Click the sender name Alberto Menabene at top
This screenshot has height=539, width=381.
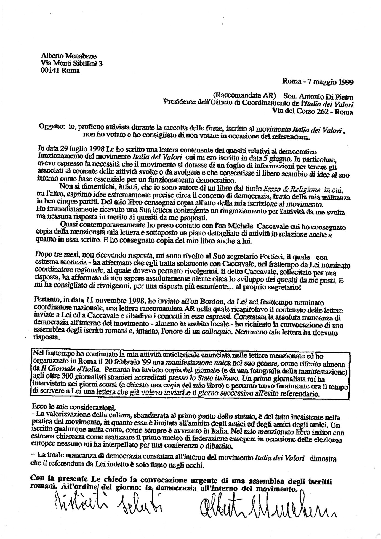coord(68,56)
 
